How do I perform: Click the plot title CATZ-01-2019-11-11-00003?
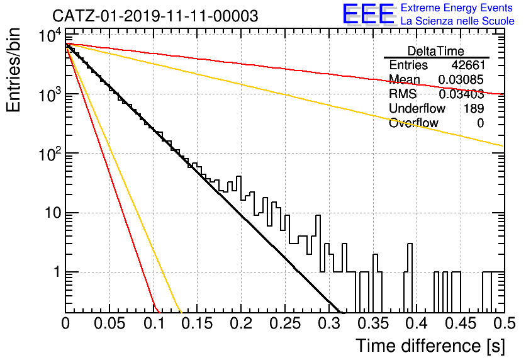click(x=155, y=16)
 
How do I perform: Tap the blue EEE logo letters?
click(x=369, y=13)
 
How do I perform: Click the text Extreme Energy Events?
click(x=457, y=8)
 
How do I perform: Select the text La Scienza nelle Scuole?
click(x=457, y=21)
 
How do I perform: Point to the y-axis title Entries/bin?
click(x=13, y=70)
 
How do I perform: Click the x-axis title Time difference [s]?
click(x=430, y=346)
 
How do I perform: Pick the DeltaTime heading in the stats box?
click(x=436, y=51)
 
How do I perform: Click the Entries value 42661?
click(x=467, y=65)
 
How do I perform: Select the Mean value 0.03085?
click(x=461, y=79)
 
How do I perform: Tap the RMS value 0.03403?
click(x=461, y=94)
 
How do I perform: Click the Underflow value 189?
click(x=474, y=108)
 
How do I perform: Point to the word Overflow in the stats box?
click(x=413, y=123)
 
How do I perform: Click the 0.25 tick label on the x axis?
click(x=285, y=323)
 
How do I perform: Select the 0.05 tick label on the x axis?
click(x=109, y=323)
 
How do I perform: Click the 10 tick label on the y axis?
click(x=53, y=213)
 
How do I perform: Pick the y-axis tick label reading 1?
click(x=57, y=272)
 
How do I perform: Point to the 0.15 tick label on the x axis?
click(x=198, y=323)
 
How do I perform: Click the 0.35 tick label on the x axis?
click(x=373, y=323)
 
